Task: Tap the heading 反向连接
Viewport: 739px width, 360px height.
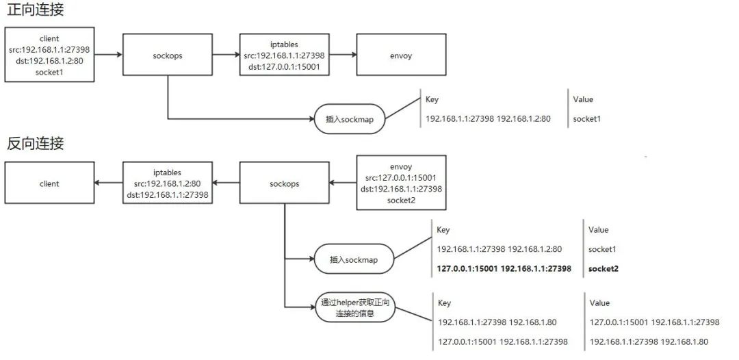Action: [36, 144]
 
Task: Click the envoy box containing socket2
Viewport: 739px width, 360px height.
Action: [402, 183]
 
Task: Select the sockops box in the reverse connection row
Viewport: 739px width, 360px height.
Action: [284, 183]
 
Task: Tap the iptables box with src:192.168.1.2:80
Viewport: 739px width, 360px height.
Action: [168, 183]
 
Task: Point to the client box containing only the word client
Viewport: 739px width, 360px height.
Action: [49, 183]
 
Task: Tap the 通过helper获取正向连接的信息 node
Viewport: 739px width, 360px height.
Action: [355, 308]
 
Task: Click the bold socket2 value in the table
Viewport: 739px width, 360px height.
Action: [603, 269]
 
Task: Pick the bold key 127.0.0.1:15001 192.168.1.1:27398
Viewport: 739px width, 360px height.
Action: [504, 269]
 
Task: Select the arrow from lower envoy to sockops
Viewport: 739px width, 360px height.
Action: [343, 183]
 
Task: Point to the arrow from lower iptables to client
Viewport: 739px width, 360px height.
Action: [107, 183]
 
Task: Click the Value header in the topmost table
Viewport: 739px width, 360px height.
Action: [583, 99]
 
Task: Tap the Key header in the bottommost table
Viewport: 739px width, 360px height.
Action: [444, 303]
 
